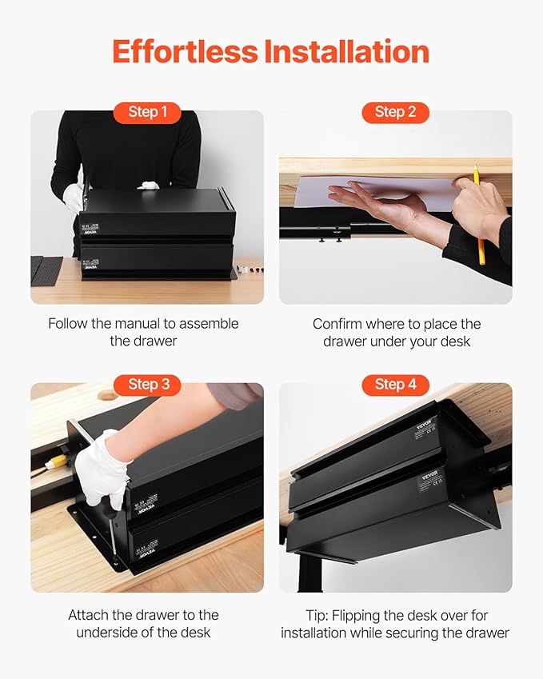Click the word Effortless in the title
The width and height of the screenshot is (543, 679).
point(185,51)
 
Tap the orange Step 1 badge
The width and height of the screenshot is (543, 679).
point(147,112)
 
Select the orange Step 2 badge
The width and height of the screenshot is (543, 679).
point(395,112)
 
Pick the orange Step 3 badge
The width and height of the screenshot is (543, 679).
point(149,385)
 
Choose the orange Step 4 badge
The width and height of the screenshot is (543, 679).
point(395,385)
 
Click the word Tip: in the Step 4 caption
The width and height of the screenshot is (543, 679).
point(322,615)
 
